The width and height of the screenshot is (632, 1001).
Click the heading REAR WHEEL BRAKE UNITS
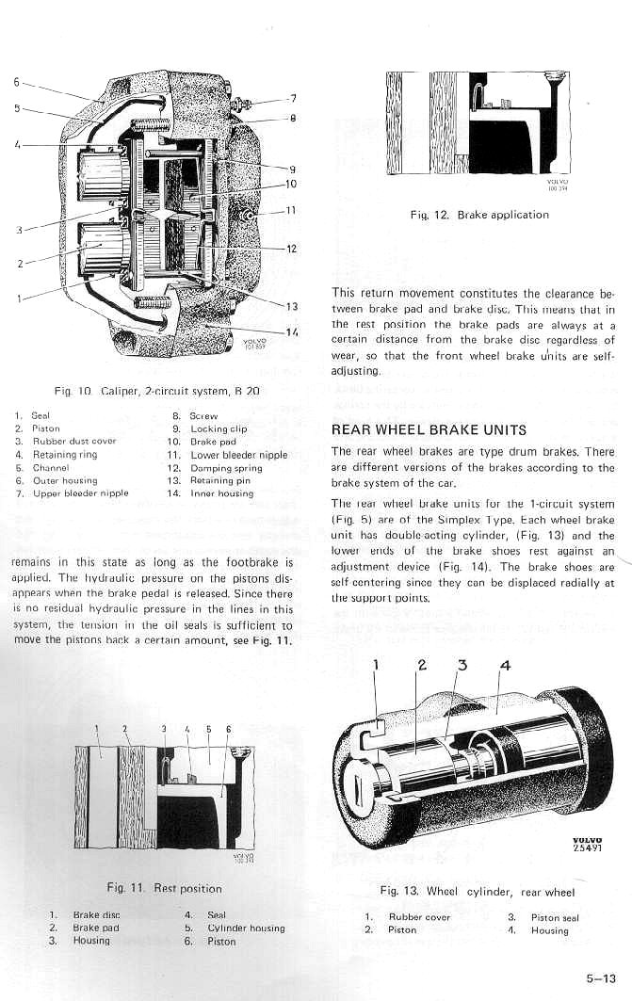pyautogui.click(x=429, y=430)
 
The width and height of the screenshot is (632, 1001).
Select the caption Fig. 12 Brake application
pyautogui.click(x=479, y=215)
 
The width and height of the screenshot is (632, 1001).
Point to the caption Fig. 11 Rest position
pyautogui.click(x=165, y=888)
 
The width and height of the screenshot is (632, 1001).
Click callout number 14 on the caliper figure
pyautogui.click(x=291, y=331)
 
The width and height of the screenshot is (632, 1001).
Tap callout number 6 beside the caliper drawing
pyautogui.click(x=16, y=82)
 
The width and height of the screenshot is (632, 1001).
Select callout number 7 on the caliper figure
pyautogui.click(x=293, y=98)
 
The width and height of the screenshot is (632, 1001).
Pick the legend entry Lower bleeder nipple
pyautogui.click(x=238, y=455)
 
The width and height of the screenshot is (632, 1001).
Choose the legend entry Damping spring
pyautogui.click(x=226, y=468)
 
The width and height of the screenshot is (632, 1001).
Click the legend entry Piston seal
pyautogui.click(x=555, y=918)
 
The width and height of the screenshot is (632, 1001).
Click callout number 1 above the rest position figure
pyautogui.click(x=98, y=728)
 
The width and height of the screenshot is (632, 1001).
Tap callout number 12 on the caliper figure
pyautogui.click(x=291, y=249)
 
